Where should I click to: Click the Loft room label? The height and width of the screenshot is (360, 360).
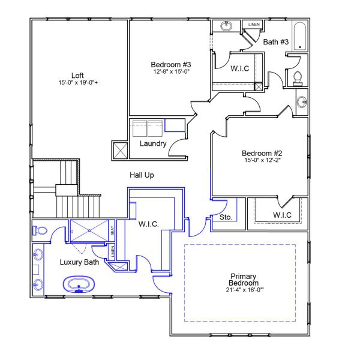click(x=77, y=76)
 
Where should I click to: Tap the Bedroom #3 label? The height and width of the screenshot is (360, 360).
click(x=170, y=64)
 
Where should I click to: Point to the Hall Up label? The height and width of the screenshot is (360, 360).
click(x=143, y=175)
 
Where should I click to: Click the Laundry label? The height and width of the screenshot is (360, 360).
click(x=152, y=143)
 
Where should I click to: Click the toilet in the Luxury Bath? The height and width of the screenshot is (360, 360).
click(x=40, y=230)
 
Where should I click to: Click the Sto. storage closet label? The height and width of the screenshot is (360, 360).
click(x=226, y=217)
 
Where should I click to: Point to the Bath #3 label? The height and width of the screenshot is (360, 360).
click(x=276, y=41)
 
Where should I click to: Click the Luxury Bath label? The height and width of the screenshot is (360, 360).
click(x=79, y=262)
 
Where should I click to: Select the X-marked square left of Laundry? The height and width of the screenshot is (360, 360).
click(x=119, y=150)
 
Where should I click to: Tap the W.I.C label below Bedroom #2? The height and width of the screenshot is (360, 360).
click(x=281, y=215)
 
